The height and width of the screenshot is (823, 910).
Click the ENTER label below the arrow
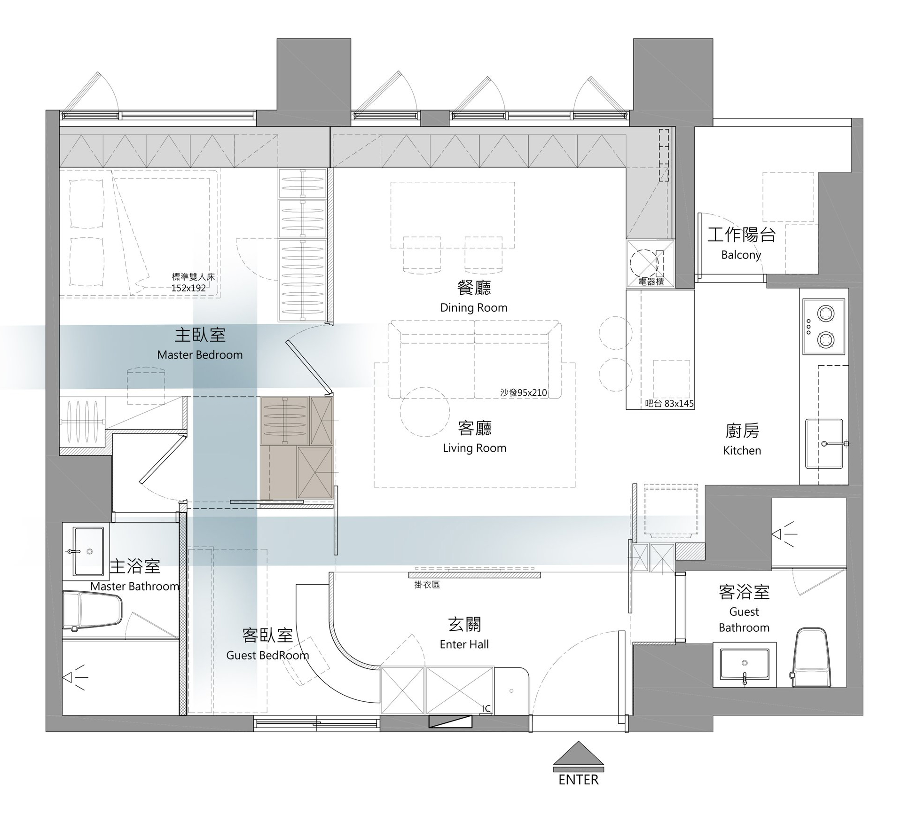click(578, 780)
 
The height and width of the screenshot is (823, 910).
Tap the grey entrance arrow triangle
click(578, 754)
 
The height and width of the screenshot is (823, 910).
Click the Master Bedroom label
click(200, 355)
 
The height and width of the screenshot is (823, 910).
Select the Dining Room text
click(474, 308)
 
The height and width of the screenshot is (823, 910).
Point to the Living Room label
click(475, 448)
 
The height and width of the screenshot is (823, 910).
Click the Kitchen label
click(742, 450)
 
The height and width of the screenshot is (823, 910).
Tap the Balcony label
click(741, 255)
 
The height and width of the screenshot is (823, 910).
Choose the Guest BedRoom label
click(267, 655)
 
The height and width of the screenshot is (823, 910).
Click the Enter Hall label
click(464, 644)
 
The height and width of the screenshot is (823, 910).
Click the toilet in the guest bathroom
click(810, 658)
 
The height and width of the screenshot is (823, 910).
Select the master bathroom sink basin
click(88, 551)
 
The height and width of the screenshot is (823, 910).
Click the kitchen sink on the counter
click(824, 444)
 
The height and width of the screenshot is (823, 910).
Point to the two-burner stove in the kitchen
click(824, 326)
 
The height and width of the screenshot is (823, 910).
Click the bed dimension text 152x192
click(188, 288)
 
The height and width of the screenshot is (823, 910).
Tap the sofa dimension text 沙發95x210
click(524, 392)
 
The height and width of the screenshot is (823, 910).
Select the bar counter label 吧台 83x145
click(669, 403)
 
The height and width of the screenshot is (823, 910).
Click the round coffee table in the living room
click(425, 412)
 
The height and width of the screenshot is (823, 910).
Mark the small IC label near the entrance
click(486, 708)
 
